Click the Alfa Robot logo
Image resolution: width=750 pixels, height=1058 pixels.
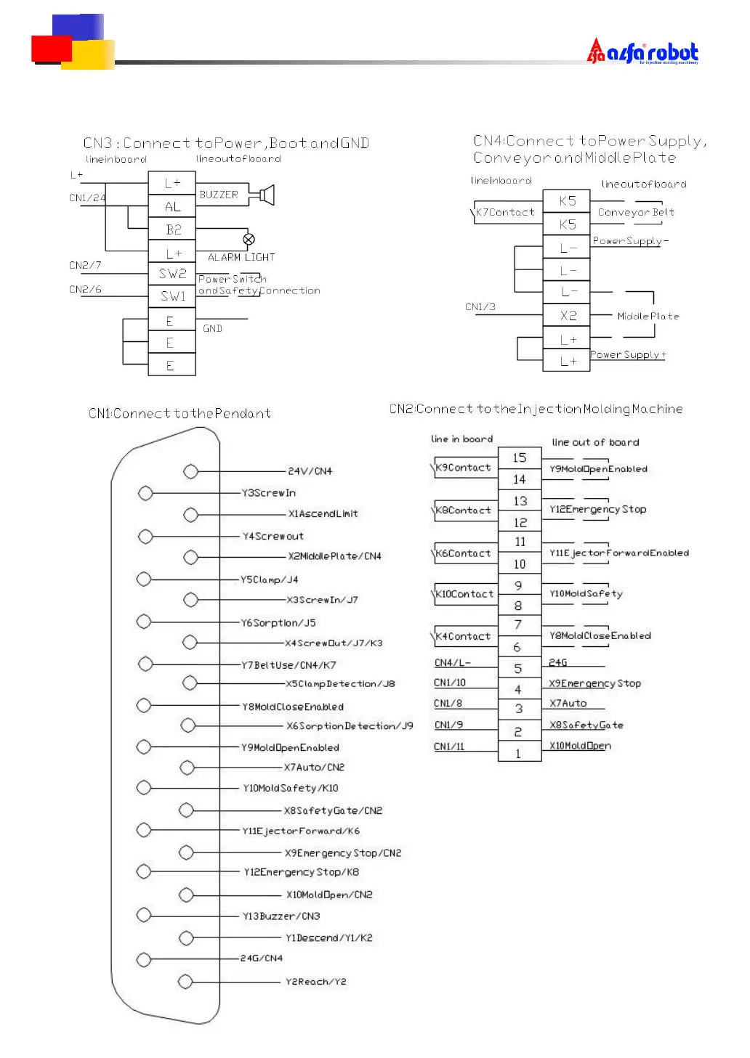pos(642,52)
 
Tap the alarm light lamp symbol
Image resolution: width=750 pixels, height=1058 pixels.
pos(249,239)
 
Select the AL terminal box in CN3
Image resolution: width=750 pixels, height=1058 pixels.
pos(172,207)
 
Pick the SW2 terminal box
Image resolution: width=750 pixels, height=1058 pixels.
pos(172,274)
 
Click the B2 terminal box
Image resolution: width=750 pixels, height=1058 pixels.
pos(172,229)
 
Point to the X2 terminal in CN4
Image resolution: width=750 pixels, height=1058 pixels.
pos(568,315)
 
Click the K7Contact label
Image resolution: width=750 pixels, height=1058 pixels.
pos(504,212)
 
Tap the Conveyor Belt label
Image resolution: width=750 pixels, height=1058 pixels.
pos(636,212)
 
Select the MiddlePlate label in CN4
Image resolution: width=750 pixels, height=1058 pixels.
pos(648,316)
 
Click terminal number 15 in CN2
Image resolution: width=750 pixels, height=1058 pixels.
pos(519,457)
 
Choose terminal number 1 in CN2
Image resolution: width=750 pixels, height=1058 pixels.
pos(519,753)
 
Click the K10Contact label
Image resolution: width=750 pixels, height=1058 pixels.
pos(464,594)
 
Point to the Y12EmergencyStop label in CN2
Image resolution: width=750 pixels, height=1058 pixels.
pos(597,510)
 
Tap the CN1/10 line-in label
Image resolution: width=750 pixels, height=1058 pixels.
pos(450,683)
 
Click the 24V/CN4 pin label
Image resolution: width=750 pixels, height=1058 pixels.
pos(310,471)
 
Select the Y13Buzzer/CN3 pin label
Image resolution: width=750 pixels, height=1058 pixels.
pos(281,916)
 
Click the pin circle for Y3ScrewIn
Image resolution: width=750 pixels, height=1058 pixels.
pos(145,493)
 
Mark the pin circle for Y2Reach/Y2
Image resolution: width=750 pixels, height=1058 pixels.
pos(185,982)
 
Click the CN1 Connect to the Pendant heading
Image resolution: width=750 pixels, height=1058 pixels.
pos(180,414)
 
